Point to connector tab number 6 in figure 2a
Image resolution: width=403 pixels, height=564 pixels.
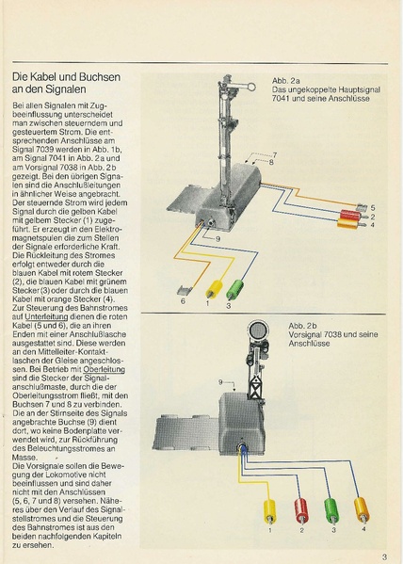pyautogui.click(x=185, y=290)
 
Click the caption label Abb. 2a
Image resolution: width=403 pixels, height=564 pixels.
pyautogui.click(x=283, y=81)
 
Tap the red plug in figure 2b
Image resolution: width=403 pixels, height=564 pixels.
pyautogui.click(x=300, y=508)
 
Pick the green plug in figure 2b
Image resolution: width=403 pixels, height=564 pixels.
pyautogui.click(x=330, y=508)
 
